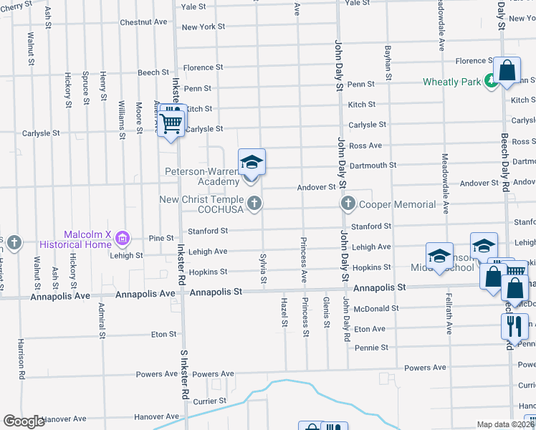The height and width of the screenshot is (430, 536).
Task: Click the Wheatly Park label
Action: pos(451,82)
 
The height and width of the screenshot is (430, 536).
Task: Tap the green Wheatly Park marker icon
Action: pos(491,81)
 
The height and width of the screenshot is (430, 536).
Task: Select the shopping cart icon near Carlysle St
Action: pos(171,123)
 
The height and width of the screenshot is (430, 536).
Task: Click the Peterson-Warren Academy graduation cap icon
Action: pos(252,162)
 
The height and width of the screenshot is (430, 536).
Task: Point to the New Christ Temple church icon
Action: pos(253,205)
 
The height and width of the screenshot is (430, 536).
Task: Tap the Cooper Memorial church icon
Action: pos(348,204)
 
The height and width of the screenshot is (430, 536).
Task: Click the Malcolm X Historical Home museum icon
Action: pos(123,237)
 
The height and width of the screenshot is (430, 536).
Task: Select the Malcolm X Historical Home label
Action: pos(89,240)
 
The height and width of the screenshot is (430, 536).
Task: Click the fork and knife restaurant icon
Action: pos(514,327)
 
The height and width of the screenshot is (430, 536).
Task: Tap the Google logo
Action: pos(24,421)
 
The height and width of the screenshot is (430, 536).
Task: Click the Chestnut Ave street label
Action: pos(143,22)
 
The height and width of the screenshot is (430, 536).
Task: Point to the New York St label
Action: pos(204,27)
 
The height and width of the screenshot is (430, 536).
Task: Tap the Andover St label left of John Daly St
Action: pos(317,187)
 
